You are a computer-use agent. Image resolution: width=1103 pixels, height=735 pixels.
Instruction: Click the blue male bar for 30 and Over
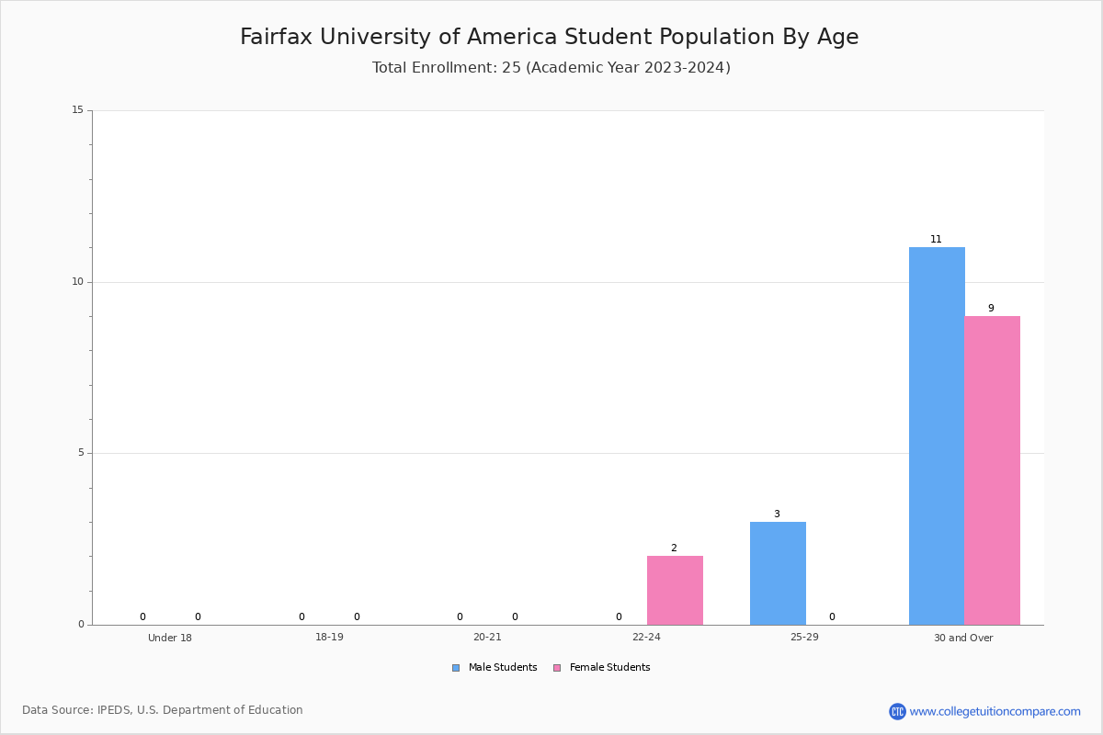tap(937, 435)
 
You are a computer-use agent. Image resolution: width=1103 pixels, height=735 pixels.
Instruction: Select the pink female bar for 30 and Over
tap(992, 470)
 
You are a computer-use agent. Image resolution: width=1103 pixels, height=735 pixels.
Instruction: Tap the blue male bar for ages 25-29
tap(778, 573)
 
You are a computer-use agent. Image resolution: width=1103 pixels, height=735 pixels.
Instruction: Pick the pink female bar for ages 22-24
tap(675, 590)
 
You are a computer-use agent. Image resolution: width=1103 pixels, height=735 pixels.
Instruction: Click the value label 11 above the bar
tap(936, 239)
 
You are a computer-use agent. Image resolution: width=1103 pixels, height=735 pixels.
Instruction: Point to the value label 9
tap(991, 308)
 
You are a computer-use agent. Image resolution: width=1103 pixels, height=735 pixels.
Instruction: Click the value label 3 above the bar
tap(777, 514)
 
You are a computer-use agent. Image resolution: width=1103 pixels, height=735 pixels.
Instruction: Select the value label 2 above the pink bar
tap(674, 548)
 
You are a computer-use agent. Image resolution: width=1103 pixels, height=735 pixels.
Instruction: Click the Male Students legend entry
tap(495, 668)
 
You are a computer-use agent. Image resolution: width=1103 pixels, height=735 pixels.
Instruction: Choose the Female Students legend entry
tap(602, 668)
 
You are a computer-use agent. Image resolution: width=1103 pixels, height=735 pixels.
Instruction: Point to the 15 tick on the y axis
tap(78, 109)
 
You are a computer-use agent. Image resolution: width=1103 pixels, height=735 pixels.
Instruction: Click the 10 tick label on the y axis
tap(78, 281)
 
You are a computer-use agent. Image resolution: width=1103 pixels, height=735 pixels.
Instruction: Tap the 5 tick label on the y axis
tap(81, 453)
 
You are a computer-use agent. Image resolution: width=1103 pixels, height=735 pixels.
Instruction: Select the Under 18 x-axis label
tap(170, 638)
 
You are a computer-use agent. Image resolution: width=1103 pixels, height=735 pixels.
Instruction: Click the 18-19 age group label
tap(329, 637)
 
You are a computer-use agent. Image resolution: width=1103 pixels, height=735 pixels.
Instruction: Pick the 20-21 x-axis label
tap(487, 637)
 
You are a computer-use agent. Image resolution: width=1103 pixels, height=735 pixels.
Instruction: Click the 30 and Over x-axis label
tap(963, 638)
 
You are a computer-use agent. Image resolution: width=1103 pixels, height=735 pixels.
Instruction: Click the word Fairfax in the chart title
tap(277, 37)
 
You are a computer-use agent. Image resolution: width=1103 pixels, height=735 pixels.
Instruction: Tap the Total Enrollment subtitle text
tap(551, 67)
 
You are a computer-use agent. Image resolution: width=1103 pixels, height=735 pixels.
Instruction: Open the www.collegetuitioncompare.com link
tap(995, 711)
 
